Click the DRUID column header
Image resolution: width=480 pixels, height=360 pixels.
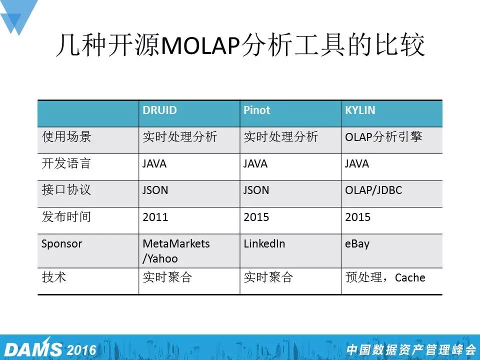coord(159,110)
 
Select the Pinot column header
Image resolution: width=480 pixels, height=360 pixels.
coord(256,110)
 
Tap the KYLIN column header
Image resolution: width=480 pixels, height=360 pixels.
coord(360,110)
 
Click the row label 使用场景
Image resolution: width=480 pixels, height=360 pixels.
coord(66,136)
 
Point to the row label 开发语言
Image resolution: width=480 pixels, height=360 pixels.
coord(66,163)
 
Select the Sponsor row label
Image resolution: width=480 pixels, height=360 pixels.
coord(62,244)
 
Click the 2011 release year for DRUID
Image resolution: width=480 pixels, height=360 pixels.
coord(155,217)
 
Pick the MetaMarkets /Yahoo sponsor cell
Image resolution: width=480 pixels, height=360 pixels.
coord(176,251)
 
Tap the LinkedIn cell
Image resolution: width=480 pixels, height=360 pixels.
coord(264,243)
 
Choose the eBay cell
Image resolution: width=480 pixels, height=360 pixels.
coord(357,244)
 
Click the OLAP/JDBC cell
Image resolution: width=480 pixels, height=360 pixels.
coord(373,190)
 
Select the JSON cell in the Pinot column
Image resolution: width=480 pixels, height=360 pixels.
coord(256,190)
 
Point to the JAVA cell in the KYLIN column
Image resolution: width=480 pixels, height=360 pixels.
coord(357,163)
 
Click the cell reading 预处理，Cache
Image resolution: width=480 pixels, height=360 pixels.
coord(385,277)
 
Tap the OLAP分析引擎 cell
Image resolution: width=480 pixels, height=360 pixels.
coord(383,136)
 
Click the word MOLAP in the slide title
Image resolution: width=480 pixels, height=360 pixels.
coord(200,45)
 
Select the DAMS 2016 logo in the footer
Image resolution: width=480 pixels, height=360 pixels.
coord(50,349)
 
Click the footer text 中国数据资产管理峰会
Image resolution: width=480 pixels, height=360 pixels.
coord(411,349)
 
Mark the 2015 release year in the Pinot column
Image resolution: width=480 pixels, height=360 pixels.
coord(256,217)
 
